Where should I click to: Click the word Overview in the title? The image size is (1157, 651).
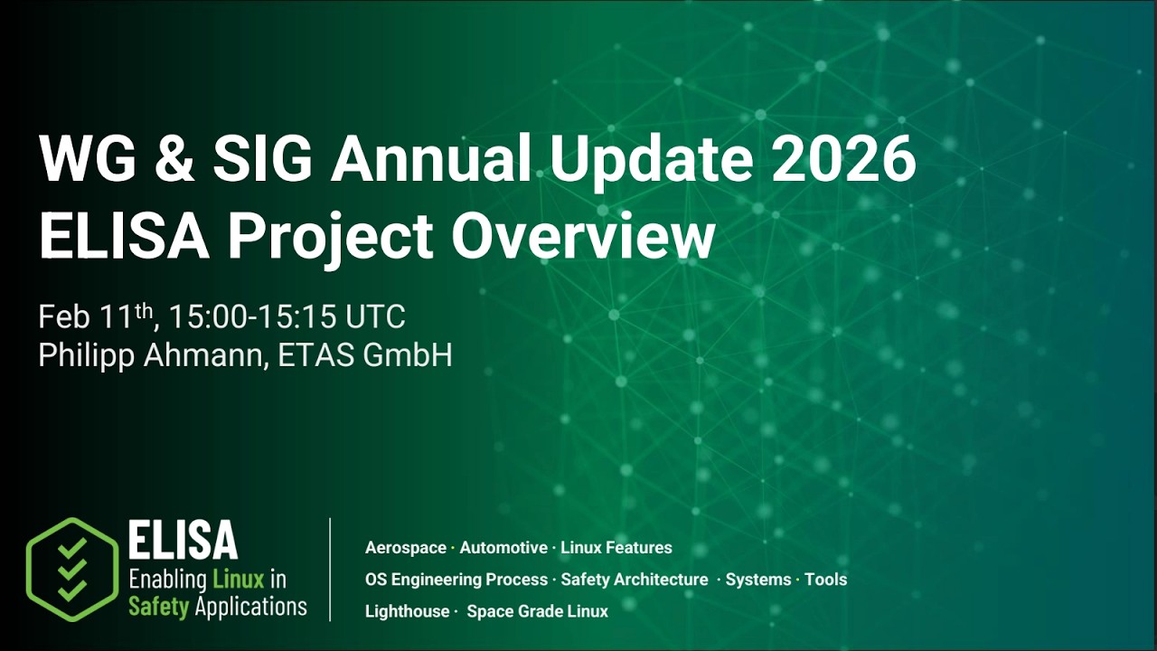[x=584, y=237]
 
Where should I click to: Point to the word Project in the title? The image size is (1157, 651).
[x=331, y=237]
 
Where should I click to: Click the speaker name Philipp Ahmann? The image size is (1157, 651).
[x=153, y=355]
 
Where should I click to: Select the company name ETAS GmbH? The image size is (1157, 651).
[x=365, y=355]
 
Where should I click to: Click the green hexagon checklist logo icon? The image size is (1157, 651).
[x=72, y=570]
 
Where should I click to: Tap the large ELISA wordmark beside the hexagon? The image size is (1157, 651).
[x=183, y=541]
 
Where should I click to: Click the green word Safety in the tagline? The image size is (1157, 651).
[x=158, y=606]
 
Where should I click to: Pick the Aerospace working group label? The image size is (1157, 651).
[x=406, y=548]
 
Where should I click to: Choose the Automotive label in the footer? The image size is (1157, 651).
[x=503, y=548]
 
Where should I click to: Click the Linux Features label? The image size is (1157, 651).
[x=616, y=548]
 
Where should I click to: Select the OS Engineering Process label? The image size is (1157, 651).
[x=456, y=580]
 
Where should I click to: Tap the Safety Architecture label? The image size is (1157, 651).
[x=635, y=580]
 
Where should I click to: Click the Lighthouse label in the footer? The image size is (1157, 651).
[x=407, y=611]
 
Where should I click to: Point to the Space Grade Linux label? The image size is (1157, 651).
[x=538, y=611]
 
